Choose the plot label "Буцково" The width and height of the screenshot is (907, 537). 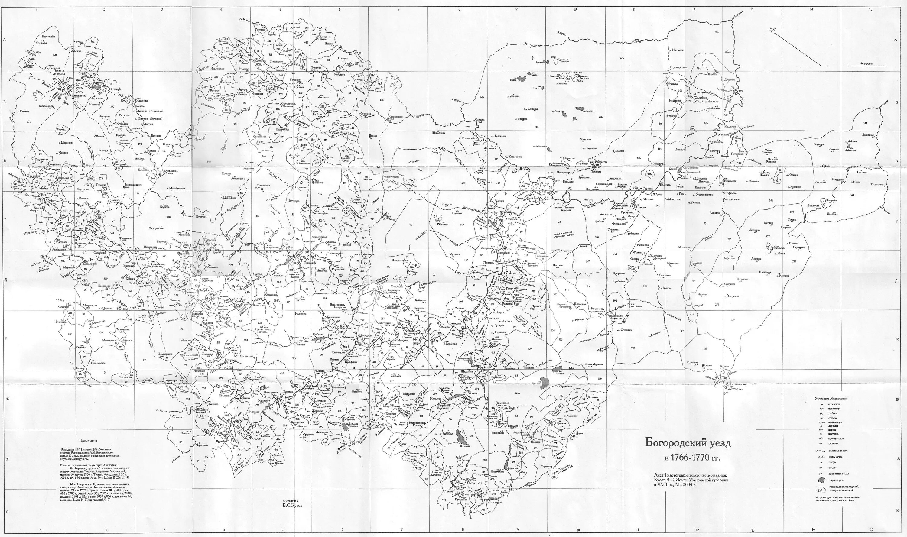(60, 128)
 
